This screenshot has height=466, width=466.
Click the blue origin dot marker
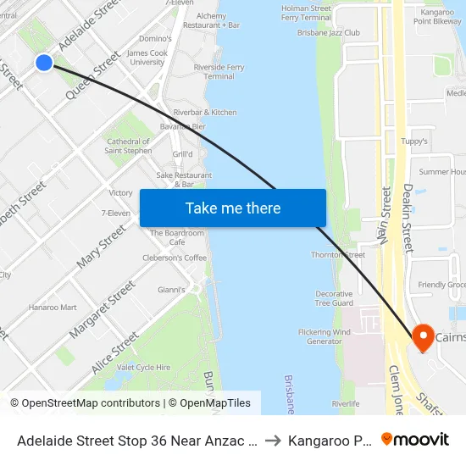(44, 62)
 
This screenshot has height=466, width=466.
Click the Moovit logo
(415, 440)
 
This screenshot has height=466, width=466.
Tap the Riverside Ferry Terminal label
(219, 71)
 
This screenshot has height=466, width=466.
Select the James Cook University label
(146, 57)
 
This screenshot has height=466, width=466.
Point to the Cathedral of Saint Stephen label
(127, 147)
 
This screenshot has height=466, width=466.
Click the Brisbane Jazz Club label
(329, 33)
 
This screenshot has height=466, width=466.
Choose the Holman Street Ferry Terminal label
(306, 13)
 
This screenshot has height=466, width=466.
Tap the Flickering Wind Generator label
(325, 336)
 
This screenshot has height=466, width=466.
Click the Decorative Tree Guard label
(334, 298)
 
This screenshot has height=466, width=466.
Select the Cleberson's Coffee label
(175, 258)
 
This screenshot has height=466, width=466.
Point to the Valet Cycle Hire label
(144, 367)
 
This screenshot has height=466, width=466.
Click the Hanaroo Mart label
(53, 308)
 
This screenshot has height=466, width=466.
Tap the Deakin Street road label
(408, 219)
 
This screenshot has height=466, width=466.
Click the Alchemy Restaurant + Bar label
(218, 20)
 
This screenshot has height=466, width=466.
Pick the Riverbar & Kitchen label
(205, 112)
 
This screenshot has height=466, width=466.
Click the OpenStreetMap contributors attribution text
(86, 403)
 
